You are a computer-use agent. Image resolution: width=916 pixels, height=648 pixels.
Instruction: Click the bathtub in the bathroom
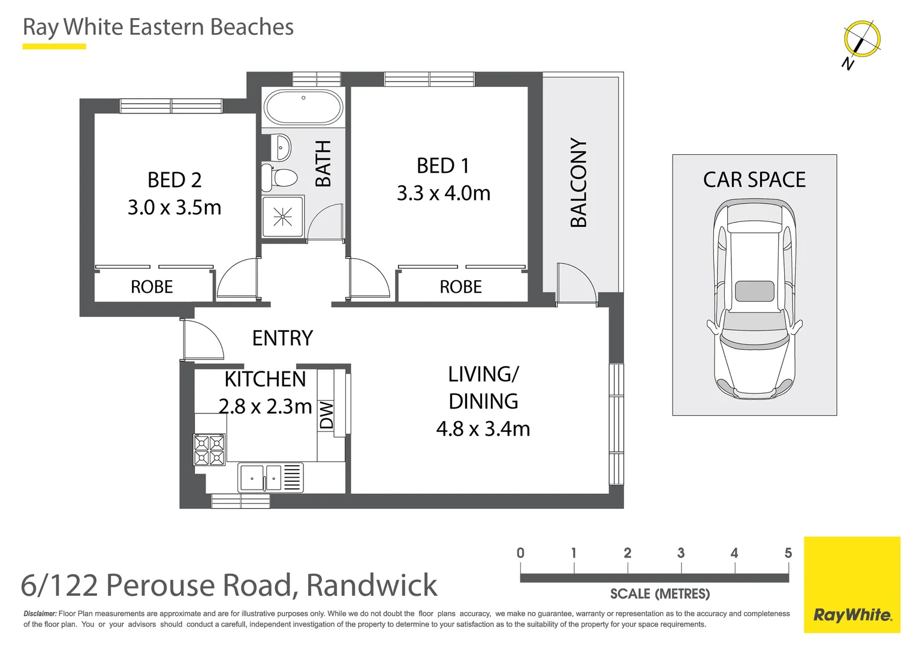pyautogui.click(x=303, y=107)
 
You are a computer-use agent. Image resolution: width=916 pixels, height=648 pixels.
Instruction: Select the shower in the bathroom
pyautogui.click(x=283, y=217)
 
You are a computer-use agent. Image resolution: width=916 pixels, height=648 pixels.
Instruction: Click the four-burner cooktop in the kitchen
pyautogui.click(x=209, y=450)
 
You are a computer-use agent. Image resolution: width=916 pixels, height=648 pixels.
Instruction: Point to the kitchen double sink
pyautogui.click(x=261, y=478)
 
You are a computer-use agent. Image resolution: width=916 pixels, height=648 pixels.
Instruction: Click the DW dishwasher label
pyautogui.click(x=326, y=415)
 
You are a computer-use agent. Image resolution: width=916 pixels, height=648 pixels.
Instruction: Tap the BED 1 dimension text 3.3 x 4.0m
pyautogui.click(x=444, y=193)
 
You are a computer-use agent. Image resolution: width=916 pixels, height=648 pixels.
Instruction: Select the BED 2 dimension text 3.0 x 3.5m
pyautogui.click(x=174, y=208)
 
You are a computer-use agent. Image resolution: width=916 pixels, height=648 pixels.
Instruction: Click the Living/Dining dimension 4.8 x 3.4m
pyautogui.click(x=483, y=429)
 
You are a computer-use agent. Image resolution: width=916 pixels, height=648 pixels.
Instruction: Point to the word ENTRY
pyautogui.click(x=282, y=338)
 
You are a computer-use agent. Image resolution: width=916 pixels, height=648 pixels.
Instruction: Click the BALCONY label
pyautogui.click(x=578, y=183)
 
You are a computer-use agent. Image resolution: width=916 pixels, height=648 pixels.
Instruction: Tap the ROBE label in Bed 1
pyautogui.click(x=460, y=287)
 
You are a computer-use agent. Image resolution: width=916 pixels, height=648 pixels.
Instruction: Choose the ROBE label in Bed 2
pyautogui.click(x=152, y=287)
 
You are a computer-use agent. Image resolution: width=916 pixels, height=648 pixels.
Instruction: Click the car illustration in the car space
pyautogui.click(x=754, y=300)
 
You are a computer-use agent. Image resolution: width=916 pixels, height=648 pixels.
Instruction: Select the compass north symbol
pyautogui.click(x=861, y=40)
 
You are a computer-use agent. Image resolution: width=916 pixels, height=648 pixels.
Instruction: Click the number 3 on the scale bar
pyautogui.click(x=681, y=553)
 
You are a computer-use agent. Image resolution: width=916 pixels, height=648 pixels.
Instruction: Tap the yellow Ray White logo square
pyautogui.click(x=852, y=584)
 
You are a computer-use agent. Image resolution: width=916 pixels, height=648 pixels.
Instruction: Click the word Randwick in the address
pyautogui.click(x=372, y=586)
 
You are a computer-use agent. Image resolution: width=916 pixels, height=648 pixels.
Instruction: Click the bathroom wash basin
pyautogui.click(x=282, y=146)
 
